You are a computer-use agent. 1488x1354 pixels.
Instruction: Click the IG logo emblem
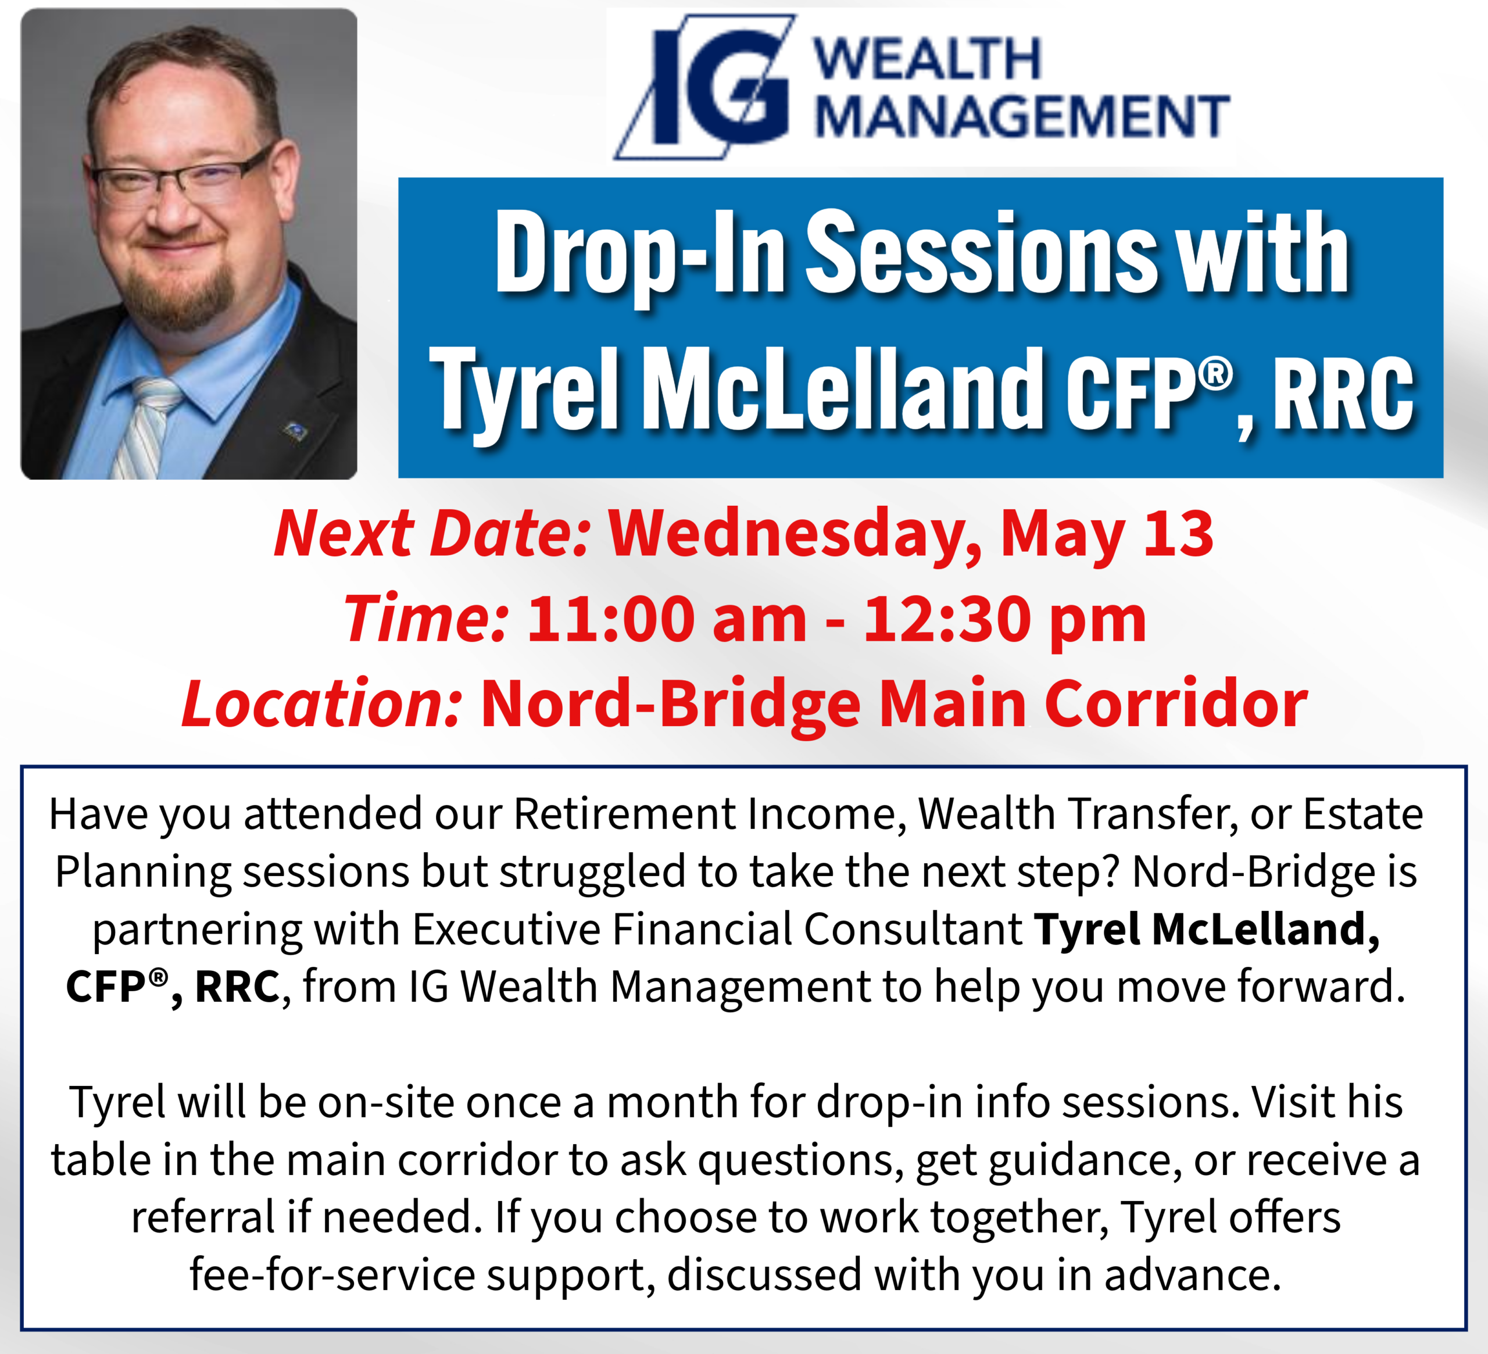point(705,87)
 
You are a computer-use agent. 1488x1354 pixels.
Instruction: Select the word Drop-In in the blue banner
point(641,255)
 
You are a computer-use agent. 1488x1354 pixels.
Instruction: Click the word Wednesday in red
point(794,535)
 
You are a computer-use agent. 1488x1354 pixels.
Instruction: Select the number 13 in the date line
point(1178,533)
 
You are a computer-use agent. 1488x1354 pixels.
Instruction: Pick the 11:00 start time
point(610,619)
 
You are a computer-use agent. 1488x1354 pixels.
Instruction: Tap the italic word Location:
point(323,703)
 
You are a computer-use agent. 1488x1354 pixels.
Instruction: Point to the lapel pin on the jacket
point(295,430)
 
